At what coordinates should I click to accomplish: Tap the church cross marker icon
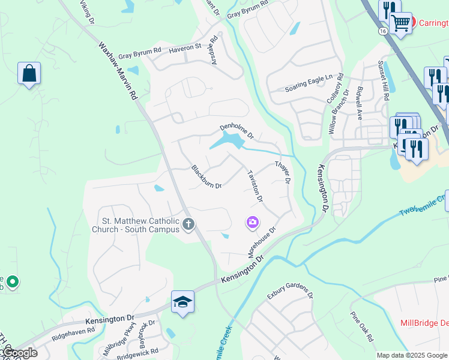pos(188,225)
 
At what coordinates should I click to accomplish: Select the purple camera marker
pos(253,223)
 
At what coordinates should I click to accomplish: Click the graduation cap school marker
pos(182,301)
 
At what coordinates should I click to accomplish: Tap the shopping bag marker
pos(29,74)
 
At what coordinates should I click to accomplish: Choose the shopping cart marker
pos(400,23)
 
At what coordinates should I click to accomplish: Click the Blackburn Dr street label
pos(206,177)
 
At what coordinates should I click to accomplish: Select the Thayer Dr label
pos(283,172)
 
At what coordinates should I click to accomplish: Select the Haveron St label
pos(185,47)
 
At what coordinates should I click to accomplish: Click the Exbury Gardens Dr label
pos(291,294)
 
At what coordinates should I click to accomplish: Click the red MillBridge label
pos(424,323)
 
